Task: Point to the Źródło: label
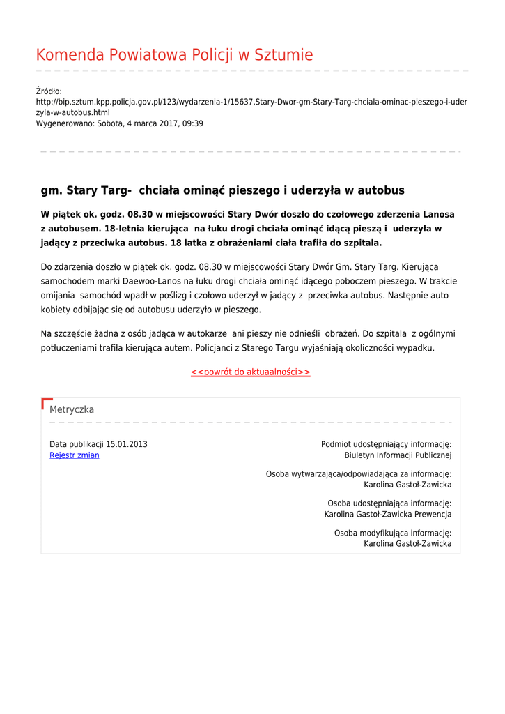pos(49,91)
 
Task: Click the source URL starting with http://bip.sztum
pos(251,102)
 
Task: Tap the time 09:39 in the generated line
pos(193,123)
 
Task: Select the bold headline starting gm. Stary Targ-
pos(222,190)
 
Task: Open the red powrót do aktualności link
pos(251,372)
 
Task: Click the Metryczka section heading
pos(72,409)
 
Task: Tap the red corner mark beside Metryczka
pos(46,402)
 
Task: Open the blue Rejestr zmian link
pos(75,455)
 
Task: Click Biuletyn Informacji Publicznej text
pos(398,455)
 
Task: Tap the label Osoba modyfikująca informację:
pos(393,533)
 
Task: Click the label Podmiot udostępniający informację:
pos(386,444)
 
